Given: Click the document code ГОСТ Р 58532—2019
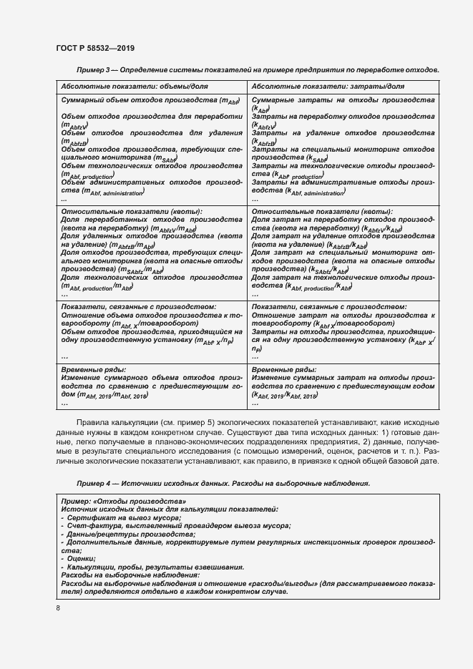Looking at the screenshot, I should pyautogui.click(x=95, y=48).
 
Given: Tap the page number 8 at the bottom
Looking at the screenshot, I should pyautogui.click(x=58, y=607).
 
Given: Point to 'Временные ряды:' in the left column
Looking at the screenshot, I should pyautogui.click(x=89, y=368).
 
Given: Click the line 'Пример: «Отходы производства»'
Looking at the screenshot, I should pyautogui.click(x=123, y=502).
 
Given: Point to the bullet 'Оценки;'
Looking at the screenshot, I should pyautogui.click(x=82, y=559).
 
